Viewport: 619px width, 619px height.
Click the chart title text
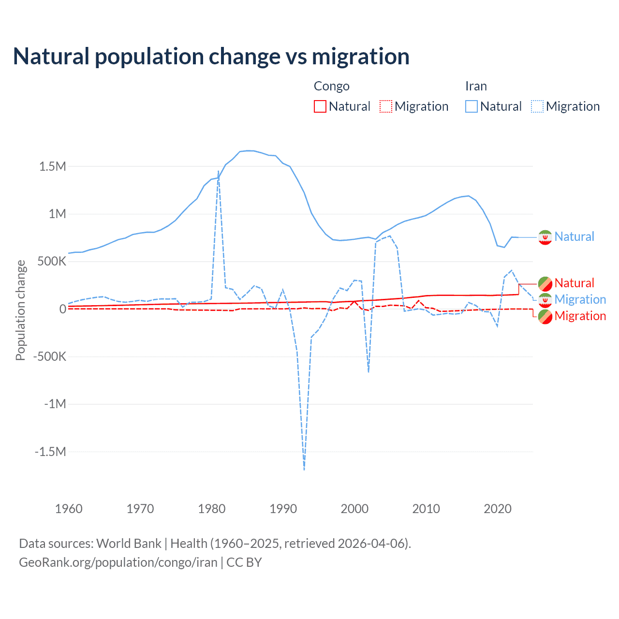pos(211,57)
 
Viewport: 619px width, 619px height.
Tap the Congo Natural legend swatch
pos(320,106)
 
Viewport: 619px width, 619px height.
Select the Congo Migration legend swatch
pos(385,106)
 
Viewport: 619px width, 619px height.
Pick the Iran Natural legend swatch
pos(471,106)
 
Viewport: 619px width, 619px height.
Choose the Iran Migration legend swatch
pos(537,106)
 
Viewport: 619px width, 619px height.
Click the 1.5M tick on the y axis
pos(53,166)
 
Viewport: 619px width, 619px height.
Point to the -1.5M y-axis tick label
pos(50,452)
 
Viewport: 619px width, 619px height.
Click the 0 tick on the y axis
pos(62,309)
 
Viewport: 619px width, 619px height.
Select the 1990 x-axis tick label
pos(283,509)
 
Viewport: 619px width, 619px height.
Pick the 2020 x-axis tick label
pos(498,509)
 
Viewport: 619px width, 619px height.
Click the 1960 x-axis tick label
pos(69,509)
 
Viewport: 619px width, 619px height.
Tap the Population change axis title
pos(20,310)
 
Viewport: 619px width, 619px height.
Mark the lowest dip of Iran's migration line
pos(304,469)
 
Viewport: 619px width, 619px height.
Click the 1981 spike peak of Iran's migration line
pos(219,171)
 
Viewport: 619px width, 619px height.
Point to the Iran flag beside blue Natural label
pos(545,237)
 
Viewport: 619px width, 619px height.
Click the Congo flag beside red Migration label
pos(545,316)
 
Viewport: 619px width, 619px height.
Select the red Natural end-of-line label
pos(574,283)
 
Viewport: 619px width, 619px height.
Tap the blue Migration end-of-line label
pos(580,299)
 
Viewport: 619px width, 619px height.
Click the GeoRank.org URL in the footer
pos(118,562)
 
